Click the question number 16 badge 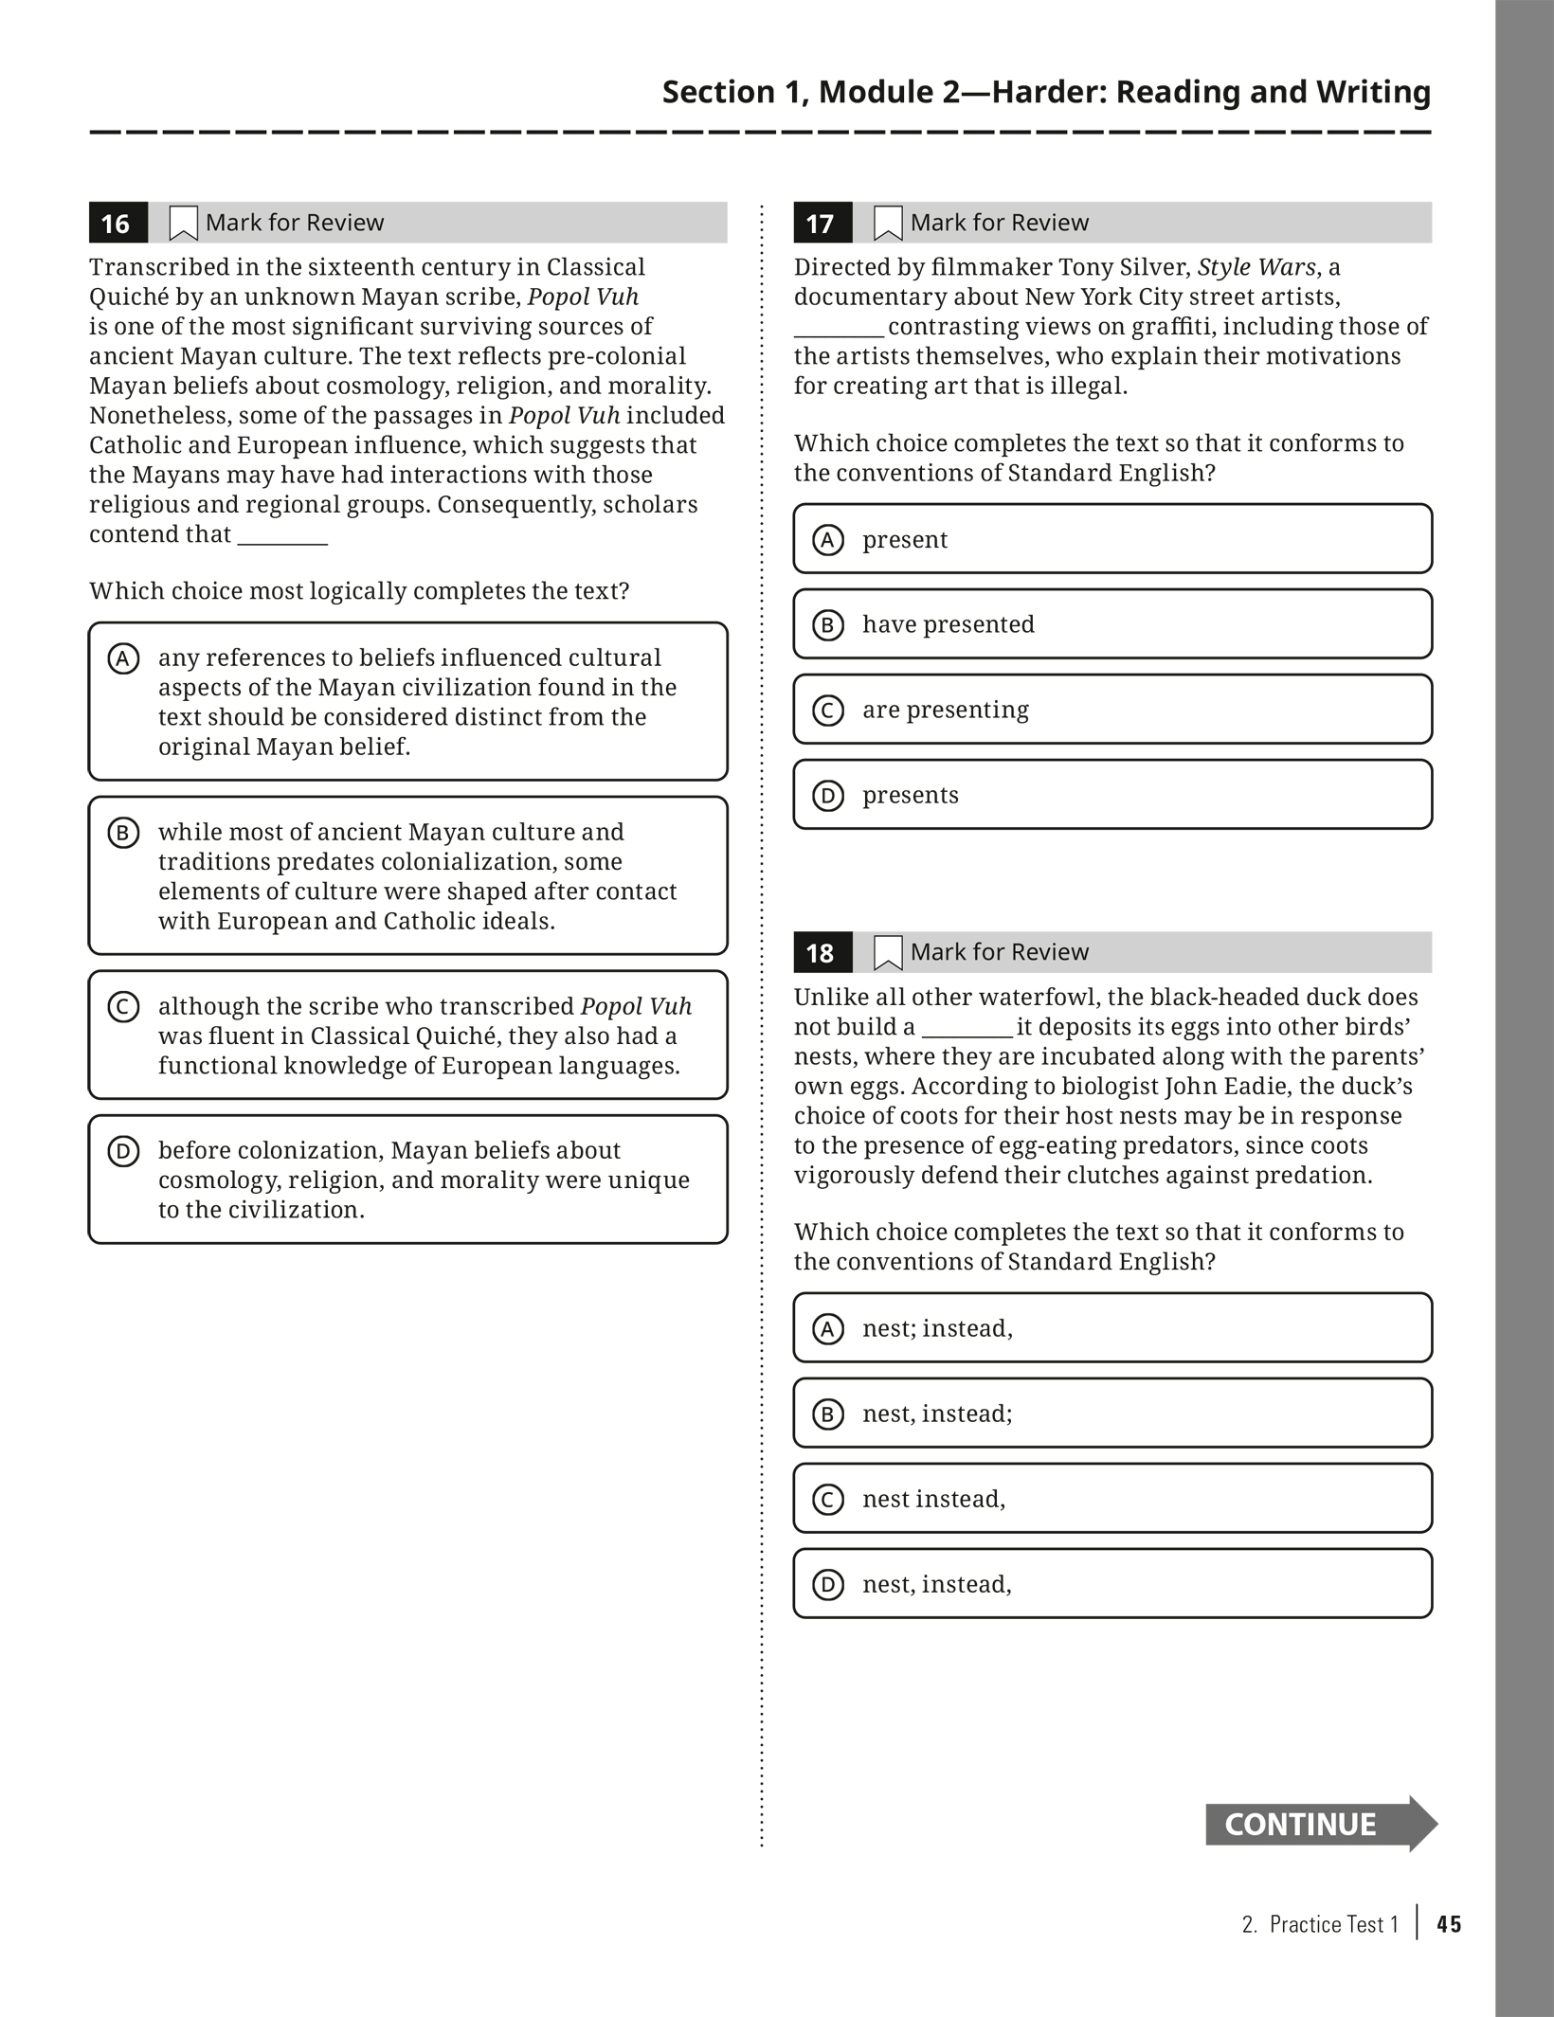117,224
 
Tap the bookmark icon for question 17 887,224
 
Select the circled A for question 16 123,658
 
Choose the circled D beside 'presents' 827,795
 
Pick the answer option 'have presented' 948,624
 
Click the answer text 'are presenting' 945,710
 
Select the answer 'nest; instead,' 936,1328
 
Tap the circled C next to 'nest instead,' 827,1499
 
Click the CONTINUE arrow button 1319,1824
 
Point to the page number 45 1449,1924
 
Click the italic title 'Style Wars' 1256,267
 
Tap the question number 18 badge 822,953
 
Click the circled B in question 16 123,833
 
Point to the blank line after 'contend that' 282,536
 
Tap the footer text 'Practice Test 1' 1333,1924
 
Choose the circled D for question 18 827,1584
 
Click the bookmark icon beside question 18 887,953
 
